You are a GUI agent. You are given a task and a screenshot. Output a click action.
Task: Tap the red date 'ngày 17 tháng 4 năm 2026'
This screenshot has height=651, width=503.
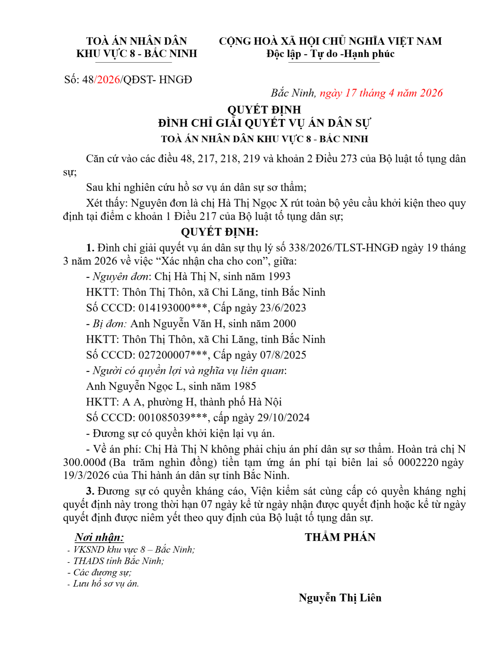click(381, 93)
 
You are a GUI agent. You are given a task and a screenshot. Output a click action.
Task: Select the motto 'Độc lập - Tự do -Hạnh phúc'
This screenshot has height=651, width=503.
click(330, 54)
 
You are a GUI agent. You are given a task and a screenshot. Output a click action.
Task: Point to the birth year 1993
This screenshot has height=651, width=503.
click(279, 276)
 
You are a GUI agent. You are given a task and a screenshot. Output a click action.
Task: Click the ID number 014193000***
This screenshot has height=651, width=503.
click(173, 308)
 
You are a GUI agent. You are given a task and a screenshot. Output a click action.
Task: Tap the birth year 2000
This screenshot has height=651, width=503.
click(284, 324)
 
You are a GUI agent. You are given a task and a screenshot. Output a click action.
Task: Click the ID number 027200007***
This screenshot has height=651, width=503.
click(173, 355)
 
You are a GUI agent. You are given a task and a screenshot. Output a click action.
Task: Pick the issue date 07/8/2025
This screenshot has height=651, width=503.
click(283, 355)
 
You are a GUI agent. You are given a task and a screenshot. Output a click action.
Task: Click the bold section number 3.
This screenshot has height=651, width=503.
click(90, 491)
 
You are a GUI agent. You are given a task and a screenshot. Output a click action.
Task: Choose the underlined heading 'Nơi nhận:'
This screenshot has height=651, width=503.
click(99, 537)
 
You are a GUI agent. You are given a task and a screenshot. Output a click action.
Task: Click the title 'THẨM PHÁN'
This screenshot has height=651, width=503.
click(340, 537)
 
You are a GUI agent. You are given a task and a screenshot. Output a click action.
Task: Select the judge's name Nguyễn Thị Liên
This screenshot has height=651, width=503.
click(340, 598)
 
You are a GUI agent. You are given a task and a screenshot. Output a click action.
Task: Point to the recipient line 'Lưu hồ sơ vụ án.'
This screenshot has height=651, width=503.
click(106, 583)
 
